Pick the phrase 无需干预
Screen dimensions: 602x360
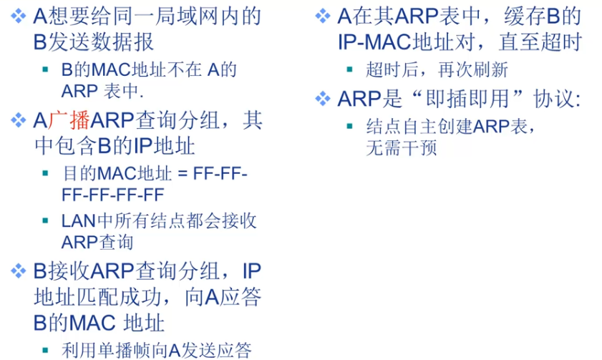pyautogui.click(x=401, y=148)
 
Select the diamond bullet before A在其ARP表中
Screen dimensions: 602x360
pyautogui.click(x=323, y=15)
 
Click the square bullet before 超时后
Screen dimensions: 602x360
pyautogui.click(x=350, y=70)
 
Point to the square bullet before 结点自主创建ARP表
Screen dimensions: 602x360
pyautogui.click(x=350, y=127)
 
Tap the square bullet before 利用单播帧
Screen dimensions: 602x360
pyautogui.click(x=47, y=351)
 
